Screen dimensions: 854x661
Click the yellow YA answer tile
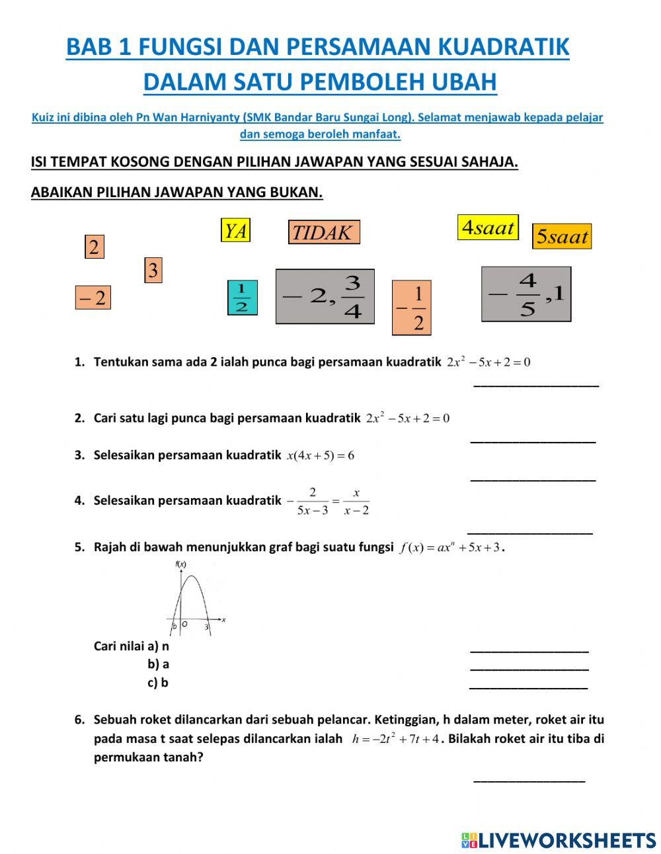pos(235,230)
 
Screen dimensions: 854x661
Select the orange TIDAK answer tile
pos(324,232)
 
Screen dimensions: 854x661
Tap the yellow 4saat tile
pos(488,228)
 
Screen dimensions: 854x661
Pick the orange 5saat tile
pos(562,236)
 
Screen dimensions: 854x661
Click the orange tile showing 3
pos(153,270)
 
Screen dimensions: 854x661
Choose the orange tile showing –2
pos(93,298)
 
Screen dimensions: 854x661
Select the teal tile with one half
pos(242,298)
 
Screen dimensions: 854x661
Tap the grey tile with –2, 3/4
pos(325,296)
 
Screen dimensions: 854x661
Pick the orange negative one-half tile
pos(411,308)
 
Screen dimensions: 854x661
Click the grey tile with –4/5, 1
pos(526,294)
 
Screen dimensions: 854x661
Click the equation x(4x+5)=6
pos(321,455)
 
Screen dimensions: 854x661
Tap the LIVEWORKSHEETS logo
pos(559,840)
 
